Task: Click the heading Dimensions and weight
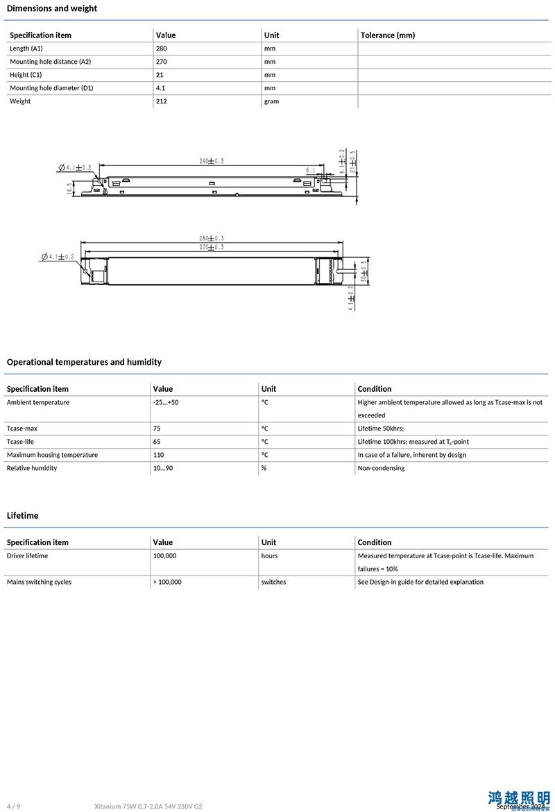click(x=52, y=8)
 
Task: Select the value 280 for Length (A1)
click(x=162, y=49)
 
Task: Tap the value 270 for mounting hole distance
click(x=162, y=62)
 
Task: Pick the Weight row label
click(x=20, y=101)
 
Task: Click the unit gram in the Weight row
click(x=271, y=101)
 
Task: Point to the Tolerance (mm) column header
click(x=388, y=35)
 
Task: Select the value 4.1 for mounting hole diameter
click(x=160, y=88)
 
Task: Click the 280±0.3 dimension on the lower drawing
click(x=212, y=239)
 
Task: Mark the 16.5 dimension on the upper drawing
click(x=70, y=189)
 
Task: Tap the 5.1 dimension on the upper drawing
click(x=310, y=169)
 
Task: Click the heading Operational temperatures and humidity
click(x=84, y=362)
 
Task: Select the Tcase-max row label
click(x=22, y=429)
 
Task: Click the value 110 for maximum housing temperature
click(x=159, y=455)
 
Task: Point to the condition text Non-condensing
click(x=381, y=468)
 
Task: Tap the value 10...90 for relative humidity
click(x=164, y=468)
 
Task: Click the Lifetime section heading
click(x=23, y=515)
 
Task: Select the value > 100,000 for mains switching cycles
click(x=167, y=582)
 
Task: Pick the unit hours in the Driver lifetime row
click(x=269, y=555)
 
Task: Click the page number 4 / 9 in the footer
click(x=13, y=806)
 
